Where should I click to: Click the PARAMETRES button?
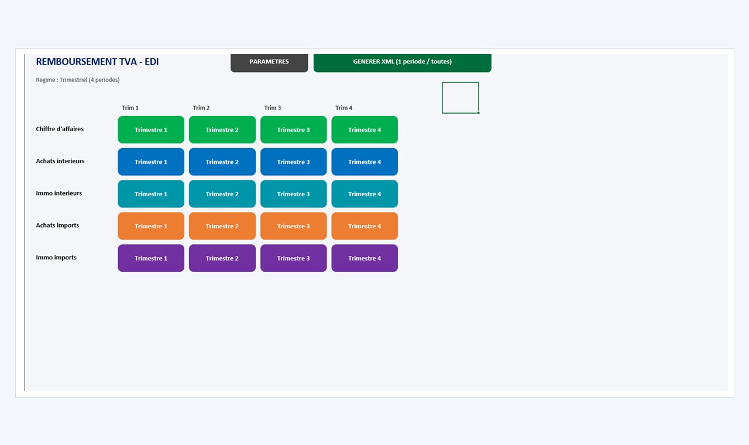(x=269, y=63)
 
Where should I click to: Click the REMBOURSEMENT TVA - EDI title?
(x=97, y=61)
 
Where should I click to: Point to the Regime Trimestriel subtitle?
(x=78, y=80)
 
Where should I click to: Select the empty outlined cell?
(x=461, y=98)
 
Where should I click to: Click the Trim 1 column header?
(x=130, y=108)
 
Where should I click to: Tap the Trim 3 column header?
(x=273, y=108)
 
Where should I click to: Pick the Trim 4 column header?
(x=343, y=108)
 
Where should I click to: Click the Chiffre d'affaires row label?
(x=60, y=129)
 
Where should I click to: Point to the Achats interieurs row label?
(x=60, y=161)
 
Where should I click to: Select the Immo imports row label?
(x=56, y=257)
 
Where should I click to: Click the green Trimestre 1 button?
(x=151, y=130)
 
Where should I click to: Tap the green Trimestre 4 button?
(x=365, y=130)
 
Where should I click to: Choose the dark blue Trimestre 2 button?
(x=222, y=162)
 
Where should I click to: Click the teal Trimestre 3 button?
(x=293, y=194)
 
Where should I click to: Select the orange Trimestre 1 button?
(x=151, y=226)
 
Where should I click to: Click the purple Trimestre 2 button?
(x=222, y=258)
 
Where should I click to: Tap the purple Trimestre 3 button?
(x=293, y=258)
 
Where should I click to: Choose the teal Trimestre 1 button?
(x=151, y=194)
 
